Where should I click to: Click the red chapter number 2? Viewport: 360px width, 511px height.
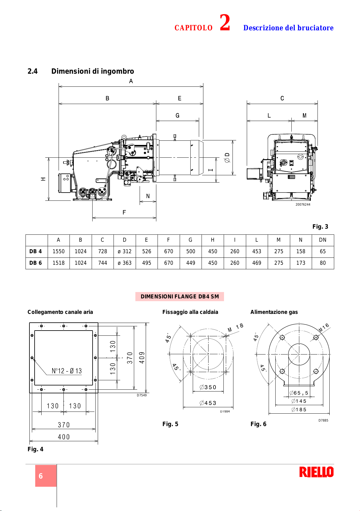coord(225,22)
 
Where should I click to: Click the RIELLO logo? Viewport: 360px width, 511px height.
coord(316,472)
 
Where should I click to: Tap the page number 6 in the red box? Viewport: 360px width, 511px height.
coord(41,476)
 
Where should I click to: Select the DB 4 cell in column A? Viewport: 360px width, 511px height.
coord(59,251)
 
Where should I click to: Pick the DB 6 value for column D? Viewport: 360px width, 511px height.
coord(125,263)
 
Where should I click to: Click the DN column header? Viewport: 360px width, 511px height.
coord(323,240)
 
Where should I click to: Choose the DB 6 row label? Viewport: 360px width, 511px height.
coord(36,263)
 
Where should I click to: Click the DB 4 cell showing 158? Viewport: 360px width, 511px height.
coord(301,251)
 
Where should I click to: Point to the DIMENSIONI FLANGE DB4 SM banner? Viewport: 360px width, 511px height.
coord(180,297)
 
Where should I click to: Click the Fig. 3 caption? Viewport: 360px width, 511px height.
coord(320,227)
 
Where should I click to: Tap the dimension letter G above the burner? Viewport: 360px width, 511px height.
coord(177,116)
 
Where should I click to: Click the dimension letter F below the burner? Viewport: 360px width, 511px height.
coord(124,212)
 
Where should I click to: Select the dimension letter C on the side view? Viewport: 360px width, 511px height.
coord(282,98)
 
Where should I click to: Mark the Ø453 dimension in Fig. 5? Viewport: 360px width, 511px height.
coord(208,403)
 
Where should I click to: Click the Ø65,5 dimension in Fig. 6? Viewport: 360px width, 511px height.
coord(299,393)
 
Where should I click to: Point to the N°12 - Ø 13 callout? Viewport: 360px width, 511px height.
coord(67,371)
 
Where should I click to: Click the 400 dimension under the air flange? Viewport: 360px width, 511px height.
coord(64,437)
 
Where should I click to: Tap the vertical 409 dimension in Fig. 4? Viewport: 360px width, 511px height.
coord(142,358)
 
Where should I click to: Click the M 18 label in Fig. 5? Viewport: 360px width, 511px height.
coord(236,328)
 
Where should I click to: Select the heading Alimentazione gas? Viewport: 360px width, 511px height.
coord(274,312)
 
